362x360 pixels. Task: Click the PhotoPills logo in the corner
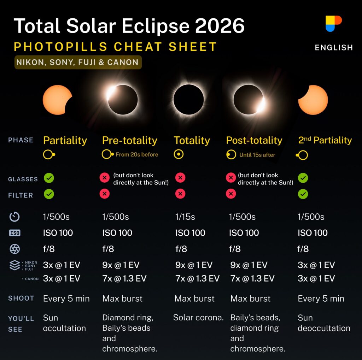coord(333,24)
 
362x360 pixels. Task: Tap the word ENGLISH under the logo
coord(334,48)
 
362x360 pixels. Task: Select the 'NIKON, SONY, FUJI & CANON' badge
coord(78,62)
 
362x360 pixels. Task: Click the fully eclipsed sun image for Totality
coord(189,100)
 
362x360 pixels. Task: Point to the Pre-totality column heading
coord(130,140)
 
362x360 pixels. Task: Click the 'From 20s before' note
coord(137,155)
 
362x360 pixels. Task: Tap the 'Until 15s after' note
coord(257,155)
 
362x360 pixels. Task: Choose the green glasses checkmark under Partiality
coord(49,178)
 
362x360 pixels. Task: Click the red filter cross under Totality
coord(180,194)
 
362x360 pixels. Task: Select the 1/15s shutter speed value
coord(185,217)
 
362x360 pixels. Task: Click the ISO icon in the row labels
coord(15,233)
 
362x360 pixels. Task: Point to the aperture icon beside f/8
coord(15,249)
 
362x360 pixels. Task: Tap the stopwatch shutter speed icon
coord(14,217)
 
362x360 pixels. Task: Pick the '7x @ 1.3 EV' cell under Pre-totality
coord(124,278)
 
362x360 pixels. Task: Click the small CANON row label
coord(31,279)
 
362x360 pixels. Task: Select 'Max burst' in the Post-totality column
coord(250,299)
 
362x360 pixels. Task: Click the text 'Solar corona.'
coord(198,318)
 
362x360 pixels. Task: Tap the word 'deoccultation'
coord(324,328)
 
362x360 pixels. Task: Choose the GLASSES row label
coord(23,179)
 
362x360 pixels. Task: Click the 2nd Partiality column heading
coord(325,140)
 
